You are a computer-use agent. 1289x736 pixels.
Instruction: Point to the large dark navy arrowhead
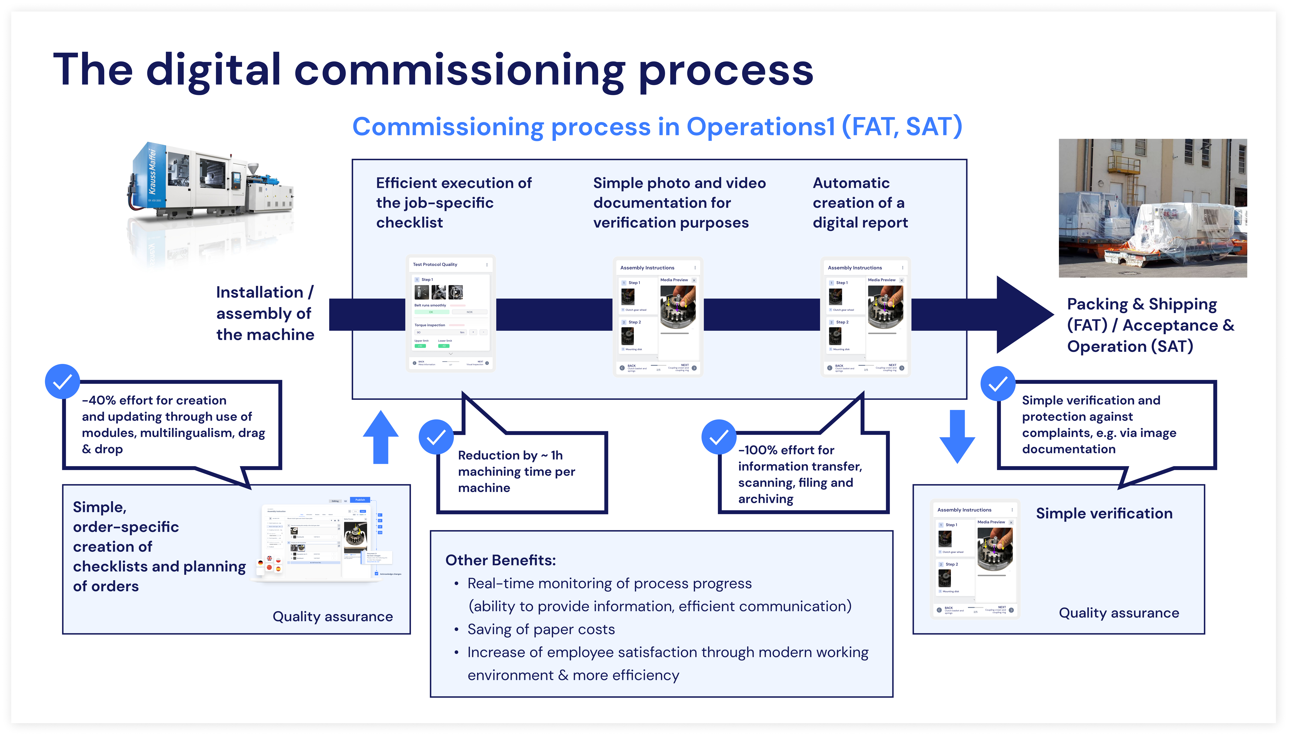(1022, 314)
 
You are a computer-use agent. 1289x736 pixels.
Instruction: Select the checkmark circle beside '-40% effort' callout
(62, 382)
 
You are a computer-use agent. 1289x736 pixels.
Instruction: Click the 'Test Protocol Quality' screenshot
(450, 313)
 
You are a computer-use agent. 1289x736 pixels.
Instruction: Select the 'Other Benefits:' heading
(500, 560)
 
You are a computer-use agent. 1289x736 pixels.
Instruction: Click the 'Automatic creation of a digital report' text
(860, 203)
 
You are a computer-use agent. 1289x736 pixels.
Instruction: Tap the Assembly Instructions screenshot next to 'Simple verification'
(975, 559)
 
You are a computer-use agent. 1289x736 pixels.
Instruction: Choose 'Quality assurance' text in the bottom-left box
(332, 617)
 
